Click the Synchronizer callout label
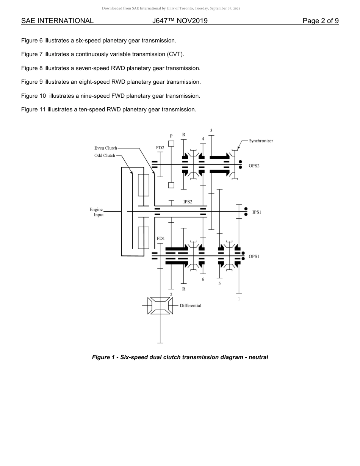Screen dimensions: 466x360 pos(261,141)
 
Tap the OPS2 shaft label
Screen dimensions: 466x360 pos(254,166)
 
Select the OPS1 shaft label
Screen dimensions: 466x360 pos(254,256)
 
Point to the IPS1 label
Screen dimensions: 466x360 pos(257,212)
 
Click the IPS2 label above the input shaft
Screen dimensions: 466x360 pos(188,202)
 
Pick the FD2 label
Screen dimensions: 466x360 pos(160,148)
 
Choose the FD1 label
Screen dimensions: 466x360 pos(161,239)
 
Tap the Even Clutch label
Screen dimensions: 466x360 pos(106,148)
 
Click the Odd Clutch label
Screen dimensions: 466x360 pos(105,156)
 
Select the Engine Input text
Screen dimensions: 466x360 pos(97,212)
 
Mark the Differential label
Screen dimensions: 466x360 pos(190,305)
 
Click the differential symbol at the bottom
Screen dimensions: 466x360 pos(160,305)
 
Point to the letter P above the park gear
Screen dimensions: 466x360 pos(171,136)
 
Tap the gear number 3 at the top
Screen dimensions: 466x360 pos(211,130)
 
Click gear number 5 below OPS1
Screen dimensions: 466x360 pos(219,283)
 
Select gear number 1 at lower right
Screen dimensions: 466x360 pos(239,299)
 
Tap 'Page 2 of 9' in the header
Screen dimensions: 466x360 pos(321,21)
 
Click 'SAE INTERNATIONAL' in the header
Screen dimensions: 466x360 pos(57,21)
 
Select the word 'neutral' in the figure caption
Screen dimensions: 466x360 pos(258,357)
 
